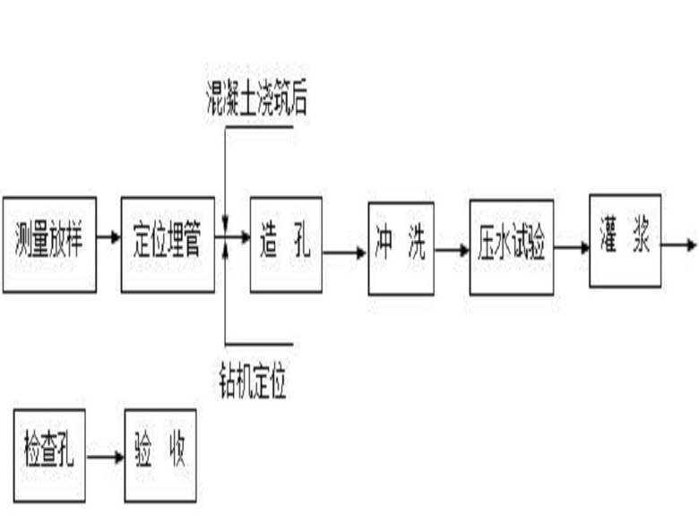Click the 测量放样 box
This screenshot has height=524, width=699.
click(x=49, y=245)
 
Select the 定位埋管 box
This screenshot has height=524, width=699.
click(x=168, y=245)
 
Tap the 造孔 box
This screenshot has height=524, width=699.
click(x=285, y=245)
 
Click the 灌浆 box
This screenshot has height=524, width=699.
click(x=625, y=241)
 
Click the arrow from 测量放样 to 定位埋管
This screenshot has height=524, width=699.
click(x=108, y=237)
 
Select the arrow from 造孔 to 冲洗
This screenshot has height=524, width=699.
click(x=344, y=253)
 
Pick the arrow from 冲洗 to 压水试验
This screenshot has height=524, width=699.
click(x=452, y=251)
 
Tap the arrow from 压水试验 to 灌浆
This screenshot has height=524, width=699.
click(x=571, y=246)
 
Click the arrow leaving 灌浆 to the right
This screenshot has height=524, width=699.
click(x=678, y=244)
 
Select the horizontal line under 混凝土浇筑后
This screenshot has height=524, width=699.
click(x=260, y=126)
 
